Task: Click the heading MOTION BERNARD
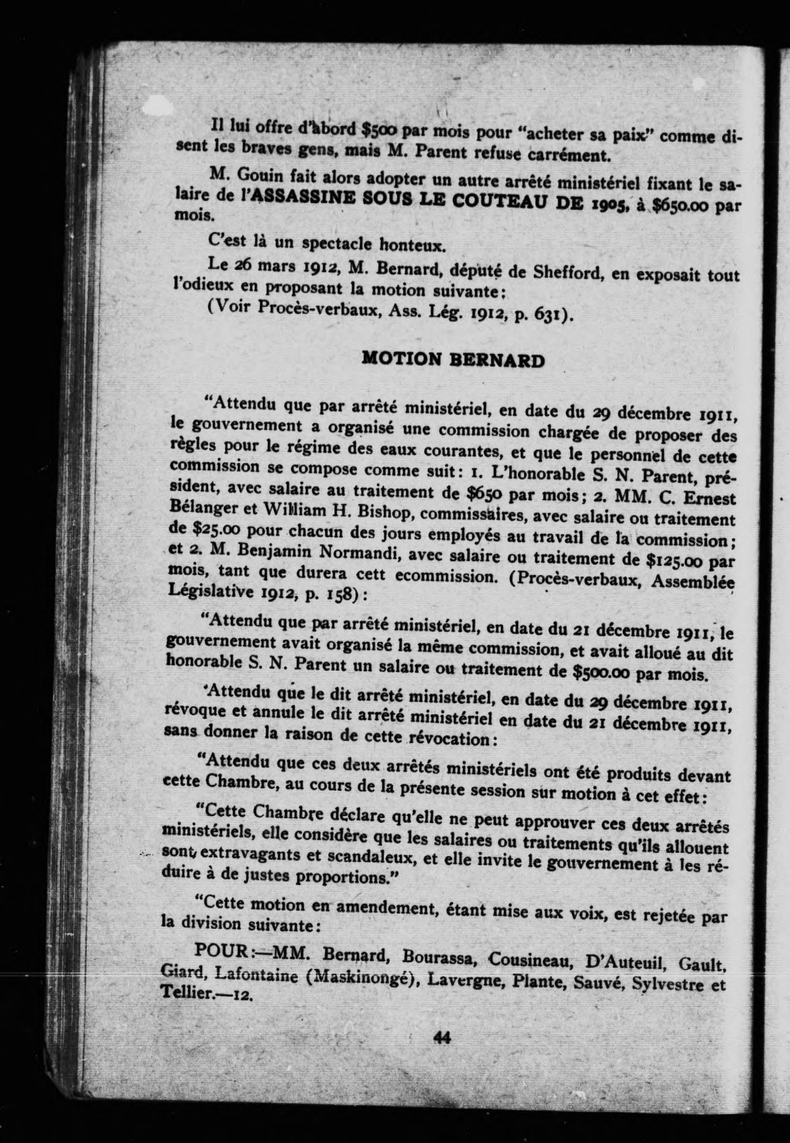click(453, 360)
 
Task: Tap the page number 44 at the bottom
click(441, 1038)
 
